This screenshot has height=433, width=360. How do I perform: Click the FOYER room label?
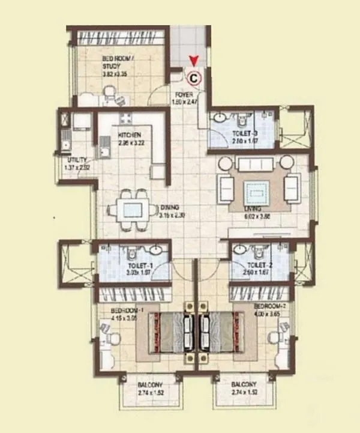click(x=183, y=95)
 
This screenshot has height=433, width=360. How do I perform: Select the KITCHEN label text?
click(x=129, y=135)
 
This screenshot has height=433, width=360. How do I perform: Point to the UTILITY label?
click(x=77, y=160)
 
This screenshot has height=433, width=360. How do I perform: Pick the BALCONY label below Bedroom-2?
click(x=244, y=383)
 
